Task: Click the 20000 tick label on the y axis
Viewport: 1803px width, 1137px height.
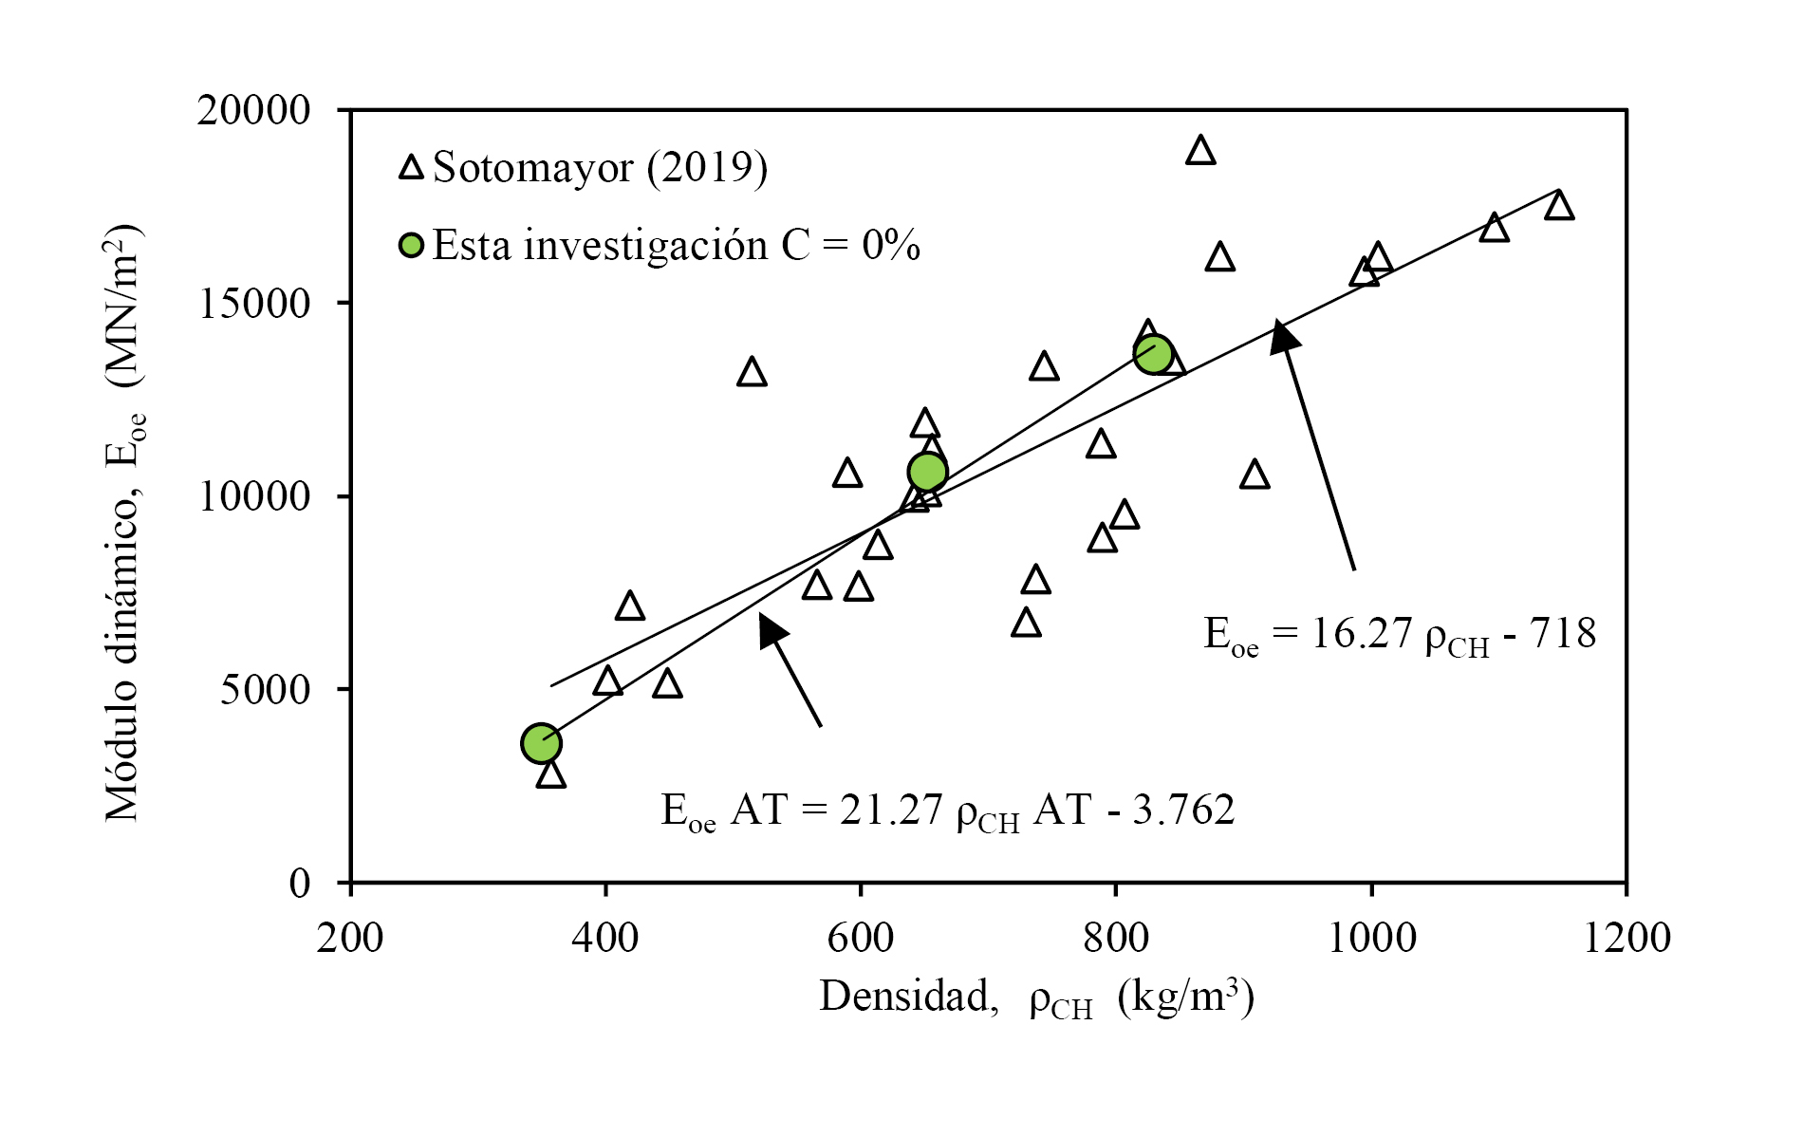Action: click(253, 111)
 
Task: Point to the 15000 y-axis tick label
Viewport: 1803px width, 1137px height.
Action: click(253, 304)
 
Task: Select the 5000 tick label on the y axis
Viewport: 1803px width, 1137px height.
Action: click(266, 690)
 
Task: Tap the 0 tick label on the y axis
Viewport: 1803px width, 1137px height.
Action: click(300, 884)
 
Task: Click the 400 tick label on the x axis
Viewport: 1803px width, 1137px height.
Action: click(604, 939)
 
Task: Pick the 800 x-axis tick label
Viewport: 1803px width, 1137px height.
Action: click(1116, 939)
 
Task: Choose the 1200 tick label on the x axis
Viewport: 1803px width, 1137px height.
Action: click(1626, 939)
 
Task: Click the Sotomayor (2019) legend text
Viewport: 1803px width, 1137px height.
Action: click(600, 168)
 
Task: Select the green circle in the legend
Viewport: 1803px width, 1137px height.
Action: click(411, 245)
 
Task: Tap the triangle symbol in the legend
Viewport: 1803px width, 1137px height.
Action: click(411, 168)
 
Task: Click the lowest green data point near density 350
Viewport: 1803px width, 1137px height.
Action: click(541, 743)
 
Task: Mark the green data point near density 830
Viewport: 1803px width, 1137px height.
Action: click(1153, 354)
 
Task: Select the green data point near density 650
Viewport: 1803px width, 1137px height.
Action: click(927, 472)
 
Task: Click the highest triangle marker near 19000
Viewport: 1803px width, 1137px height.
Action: click(1200, 151)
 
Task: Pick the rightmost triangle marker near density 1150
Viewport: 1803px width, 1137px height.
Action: click(1559, 206)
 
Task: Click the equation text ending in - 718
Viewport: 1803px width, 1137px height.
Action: click(1400, 634)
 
